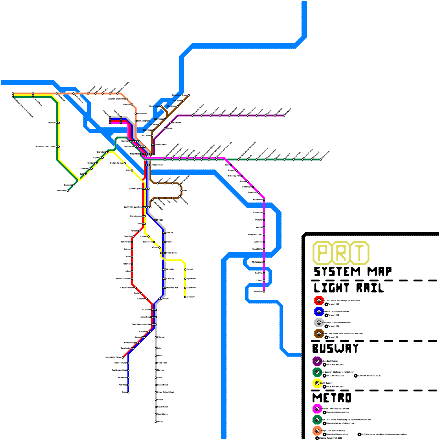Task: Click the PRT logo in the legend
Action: click(341, 253)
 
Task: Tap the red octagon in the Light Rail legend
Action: click(319, 301)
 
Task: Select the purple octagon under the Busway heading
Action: click(317, 361)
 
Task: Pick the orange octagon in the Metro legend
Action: click(317, 431)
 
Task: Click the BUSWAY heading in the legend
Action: click(335, 348)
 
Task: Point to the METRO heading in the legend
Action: click(332, 398)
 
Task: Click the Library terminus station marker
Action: click(156, 422)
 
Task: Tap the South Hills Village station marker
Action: click(123, 358)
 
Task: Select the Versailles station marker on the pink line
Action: click(264, 291)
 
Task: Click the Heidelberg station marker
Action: click(68, 191)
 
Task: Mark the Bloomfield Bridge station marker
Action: click(189, 95)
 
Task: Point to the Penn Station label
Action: click(161, 145)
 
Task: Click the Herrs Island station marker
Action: click(161, 106)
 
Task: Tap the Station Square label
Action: click(135, 189)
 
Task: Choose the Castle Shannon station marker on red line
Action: click(136, 288)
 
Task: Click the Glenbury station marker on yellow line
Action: click(185, 297)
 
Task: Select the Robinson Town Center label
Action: click(45, 147)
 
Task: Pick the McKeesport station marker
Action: click(264, 262)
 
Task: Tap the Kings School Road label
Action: click(166, 392)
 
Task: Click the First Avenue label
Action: click(157, 165)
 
